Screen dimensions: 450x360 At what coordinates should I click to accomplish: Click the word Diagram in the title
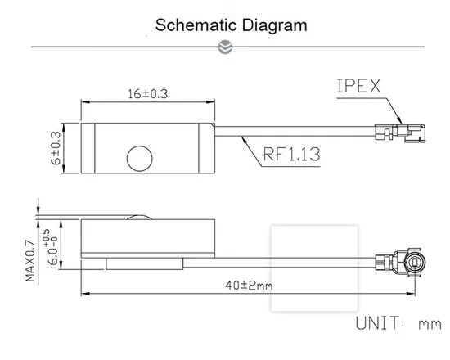tap(274, 26)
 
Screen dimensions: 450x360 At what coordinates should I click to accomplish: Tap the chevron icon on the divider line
tap(225, 47)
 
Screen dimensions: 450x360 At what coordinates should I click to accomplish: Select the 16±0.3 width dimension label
tap(147, 94)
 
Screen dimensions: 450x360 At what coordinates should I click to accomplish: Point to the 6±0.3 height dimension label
tap(56, 148)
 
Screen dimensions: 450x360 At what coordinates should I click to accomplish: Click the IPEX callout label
tap(358, 86)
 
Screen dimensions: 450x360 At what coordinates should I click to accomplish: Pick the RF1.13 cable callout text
tap(291, 154)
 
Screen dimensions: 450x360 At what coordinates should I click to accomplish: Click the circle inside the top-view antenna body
tap(139, 159)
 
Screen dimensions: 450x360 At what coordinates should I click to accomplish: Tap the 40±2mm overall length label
tap(249, 286)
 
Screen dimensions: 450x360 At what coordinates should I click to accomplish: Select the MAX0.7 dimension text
tap(30, 261)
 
